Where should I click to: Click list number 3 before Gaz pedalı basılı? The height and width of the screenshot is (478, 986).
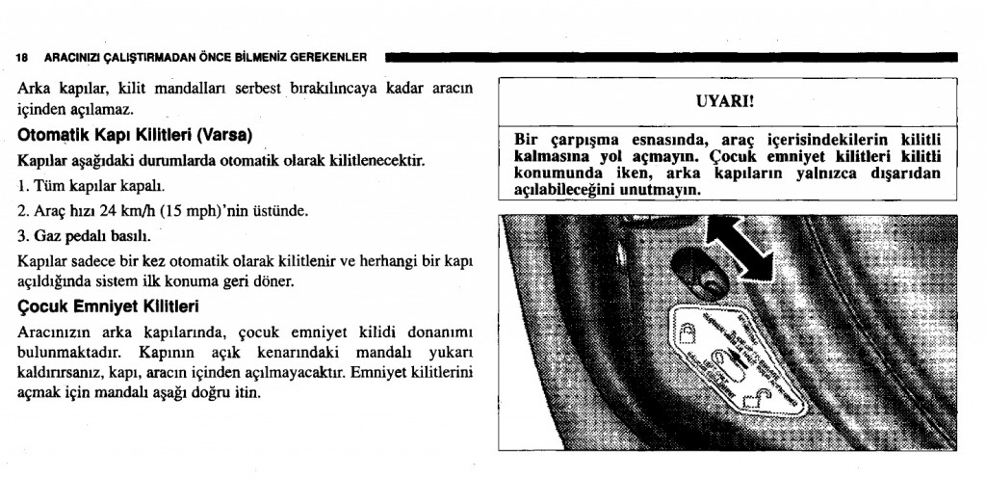pos(23,236)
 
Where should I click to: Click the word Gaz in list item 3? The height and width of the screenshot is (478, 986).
pos(48,236)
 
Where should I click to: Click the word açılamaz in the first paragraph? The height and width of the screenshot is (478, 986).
pos(92,109)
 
